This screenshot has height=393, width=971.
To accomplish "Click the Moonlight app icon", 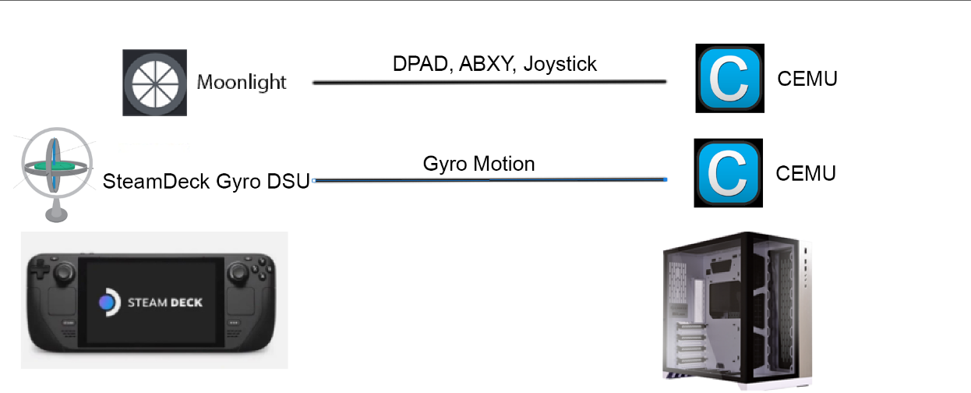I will [x=154, y=83].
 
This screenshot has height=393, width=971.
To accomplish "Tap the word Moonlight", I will [x=242, y=82].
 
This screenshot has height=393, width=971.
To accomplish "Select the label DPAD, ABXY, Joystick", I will [x=495, y=63].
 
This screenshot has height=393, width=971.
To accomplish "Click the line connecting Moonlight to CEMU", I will [x=489, y=81].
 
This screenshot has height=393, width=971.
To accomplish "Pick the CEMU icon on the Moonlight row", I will [x=729, y=79].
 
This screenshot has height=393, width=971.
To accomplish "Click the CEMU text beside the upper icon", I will [x=807, y=79].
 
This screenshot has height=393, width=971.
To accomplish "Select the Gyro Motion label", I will [x=479, y=164].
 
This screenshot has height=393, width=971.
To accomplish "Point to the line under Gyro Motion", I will [x=489, y=180].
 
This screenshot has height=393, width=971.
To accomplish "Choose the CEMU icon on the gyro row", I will [x=728, y=173].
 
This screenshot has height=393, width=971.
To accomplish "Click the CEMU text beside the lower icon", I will [x=806, y=173].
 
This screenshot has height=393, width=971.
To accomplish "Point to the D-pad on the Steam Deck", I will [x=41, y=274].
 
